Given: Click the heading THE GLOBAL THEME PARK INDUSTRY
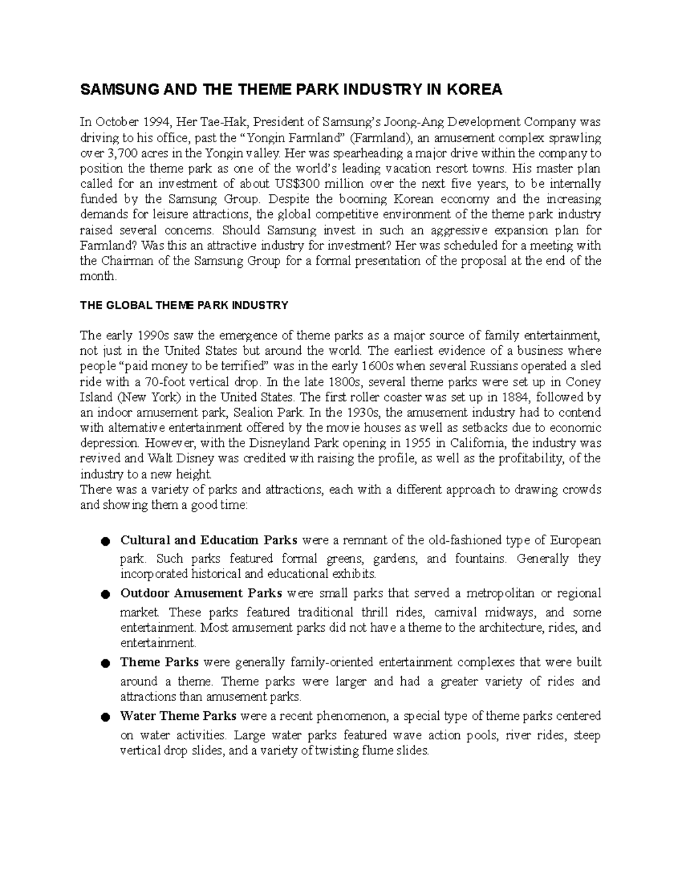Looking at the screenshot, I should [184, 305].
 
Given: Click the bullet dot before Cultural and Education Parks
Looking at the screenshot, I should [105, 541].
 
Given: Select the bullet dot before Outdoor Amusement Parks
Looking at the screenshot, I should [105, 595].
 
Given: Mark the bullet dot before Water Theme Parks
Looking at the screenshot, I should [105, 717].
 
